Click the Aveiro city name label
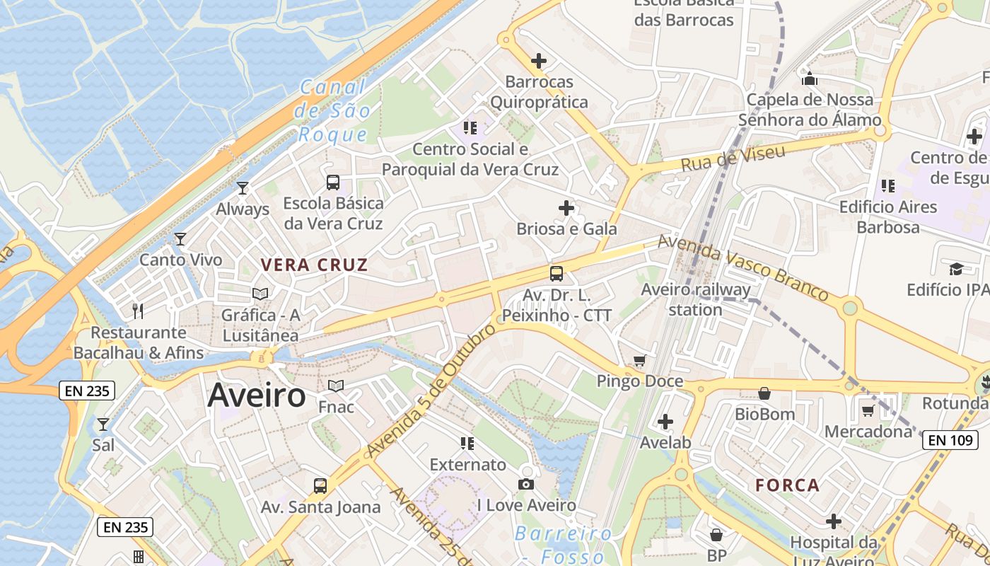[257, 396]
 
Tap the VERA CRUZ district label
[315, 265]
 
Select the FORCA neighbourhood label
[788, 485]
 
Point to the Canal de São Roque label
[334, 111]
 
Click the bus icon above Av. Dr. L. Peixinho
[557, 273]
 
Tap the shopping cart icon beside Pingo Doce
[640, 361]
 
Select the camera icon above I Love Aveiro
[526, 484]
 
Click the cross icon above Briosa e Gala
[566, 208]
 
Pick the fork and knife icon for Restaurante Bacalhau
[138, 311]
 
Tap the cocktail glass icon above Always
[243, 188]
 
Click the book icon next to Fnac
[336, 386]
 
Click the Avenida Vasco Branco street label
[742, 267]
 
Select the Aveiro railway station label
[695, 299]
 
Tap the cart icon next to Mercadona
[868, 410]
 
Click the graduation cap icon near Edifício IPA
[956, 269]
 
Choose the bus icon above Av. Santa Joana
[320, 486]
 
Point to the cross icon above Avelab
[665, 422]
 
